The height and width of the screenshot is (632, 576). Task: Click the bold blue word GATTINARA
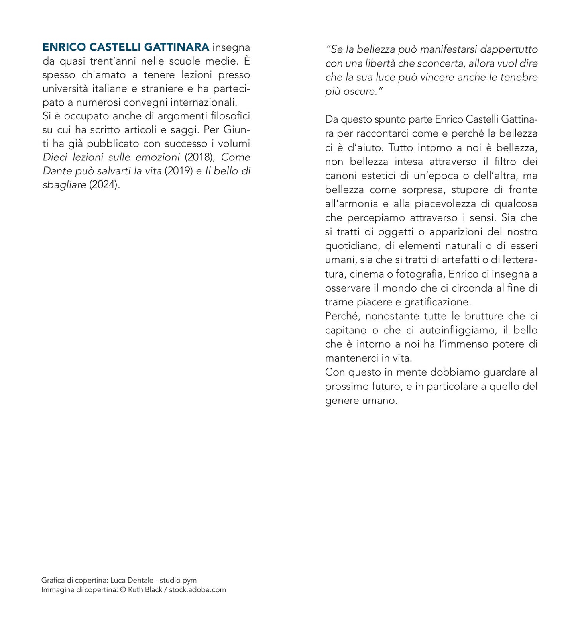point(177,47)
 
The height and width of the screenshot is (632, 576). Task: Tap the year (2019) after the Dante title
point(179,171)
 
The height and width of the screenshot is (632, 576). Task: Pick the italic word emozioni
point(158,157)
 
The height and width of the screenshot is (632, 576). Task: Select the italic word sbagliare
point(64,185)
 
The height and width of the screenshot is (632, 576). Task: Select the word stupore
point(470,190)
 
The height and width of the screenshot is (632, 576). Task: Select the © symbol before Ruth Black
point(123,590)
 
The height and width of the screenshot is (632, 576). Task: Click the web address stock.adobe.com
point(197,590)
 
